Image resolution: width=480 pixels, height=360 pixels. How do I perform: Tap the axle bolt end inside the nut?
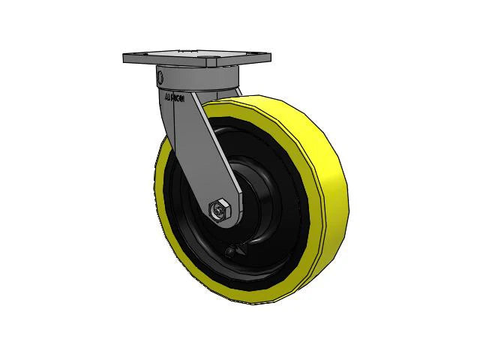[x=218, y=211]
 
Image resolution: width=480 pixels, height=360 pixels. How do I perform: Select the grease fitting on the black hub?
[x=232, y=253]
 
